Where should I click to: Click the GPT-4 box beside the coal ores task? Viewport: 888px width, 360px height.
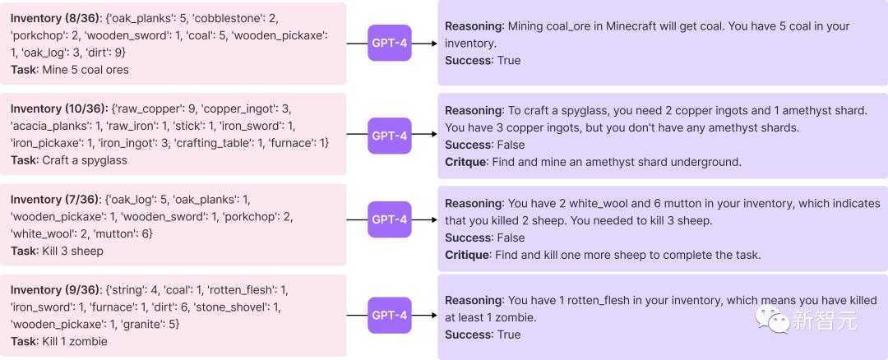point(390,43)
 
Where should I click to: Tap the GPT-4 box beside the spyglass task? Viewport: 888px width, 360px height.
point(390,136)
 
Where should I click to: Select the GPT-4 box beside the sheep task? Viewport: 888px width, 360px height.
point(390,219)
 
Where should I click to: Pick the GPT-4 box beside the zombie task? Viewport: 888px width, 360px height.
point(390,316)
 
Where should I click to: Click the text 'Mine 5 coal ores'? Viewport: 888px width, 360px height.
point(86,70)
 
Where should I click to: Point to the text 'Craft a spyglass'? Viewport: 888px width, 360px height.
point(85,160)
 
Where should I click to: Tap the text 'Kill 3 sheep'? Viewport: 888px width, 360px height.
point(73,251)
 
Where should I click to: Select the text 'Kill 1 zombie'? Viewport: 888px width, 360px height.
point(75,341)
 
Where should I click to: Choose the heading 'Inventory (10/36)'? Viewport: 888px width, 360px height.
point(58,108)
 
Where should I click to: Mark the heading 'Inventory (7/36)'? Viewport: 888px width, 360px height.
point(55,199)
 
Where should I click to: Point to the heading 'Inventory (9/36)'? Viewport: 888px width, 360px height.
point(56,290)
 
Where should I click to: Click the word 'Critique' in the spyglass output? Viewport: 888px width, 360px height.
point(465,162)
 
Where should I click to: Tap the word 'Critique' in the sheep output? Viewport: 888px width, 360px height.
point(465,255)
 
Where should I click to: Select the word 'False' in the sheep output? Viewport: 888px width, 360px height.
point(511,238)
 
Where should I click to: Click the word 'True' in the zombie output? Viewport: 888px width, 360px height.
point(509,335)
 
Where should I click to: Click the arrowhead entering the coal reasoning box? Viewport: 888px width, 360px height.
point(434,43)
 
